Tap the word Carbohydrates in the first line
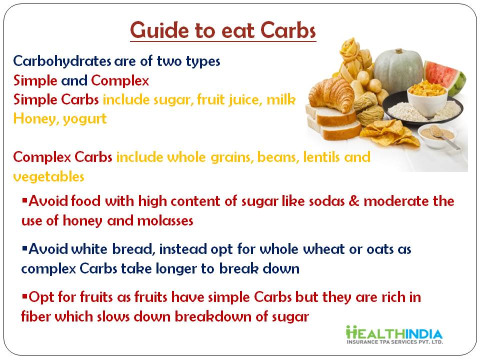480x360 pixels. pyautogui.click(x=62, y=61)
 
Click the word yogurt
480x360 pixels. pyautogui.click(x=85, y=119)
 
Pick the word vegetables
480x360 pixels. pyautogui.click(x=48, y=176)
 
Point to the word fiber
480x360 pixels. pyautogui.click(x=36, y=316)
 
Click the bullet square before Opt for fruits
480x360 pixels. pyautogui.click(x=24, y=296)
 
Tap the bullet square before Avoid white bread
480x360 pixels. pyautogui.click(x=24, y=248)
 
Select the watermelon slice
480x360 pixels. pyautogui.click(x=445, y=77)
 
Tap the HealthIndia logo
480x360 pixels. pyautogui.click(x=394, y=334)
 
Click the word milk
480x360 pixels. pyautogui.click(x=281, y=99)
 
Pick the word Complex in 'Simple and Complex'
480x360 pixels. pyautogui.click(x=119, y=81)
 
